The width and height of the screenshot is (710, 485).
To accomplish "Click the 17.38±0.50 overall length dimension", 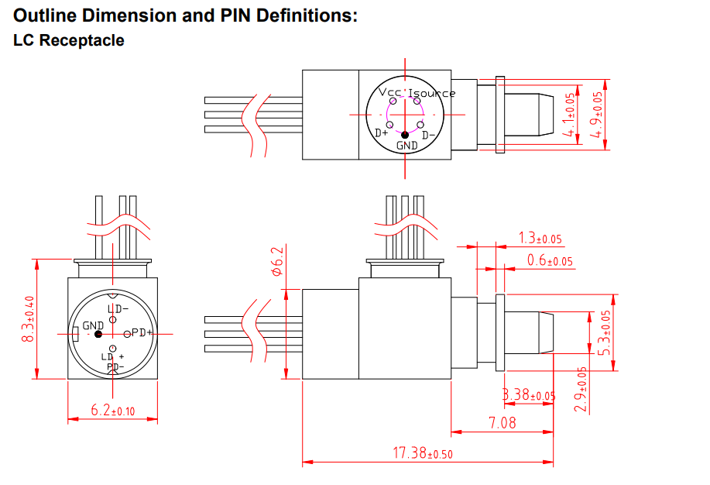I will [x=423, y=453].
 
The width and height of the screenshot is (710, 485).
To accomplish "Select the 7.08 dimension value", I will [x=502, y=423].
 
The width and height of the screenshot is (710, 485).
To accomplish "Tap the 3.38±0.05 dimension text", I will [x=529, y=396].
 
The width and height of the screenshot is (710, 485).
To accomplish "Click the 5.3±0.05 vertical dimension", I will [x=605, y=332].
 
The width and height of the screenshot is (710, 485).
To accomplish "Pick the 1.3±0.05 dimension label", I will [x=540, y=238].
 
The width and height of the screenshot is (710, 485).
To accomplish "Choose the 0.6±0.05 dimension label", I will [x=550, y=261].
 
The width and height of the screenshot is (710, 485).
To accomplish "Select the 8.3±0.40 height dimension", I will [x=29, y=319].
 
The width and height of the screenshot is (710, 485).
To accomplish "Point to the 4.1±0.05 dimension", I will [x=571, y=115].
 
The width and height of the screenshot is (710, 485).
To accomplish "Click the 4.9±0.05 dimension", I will [x=596, y=115].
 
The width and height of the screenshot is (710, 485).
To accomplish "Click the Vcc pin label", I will [x=391, y=92].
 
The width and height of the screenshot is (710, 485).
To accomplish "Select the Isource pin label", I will [x=432, y=93].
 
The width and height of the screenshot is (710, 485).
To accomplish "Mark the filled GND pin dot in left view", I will [x=98, y=334].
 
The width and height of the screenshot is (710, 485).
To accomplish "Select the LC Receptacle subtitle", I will [x=69, y=40].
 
